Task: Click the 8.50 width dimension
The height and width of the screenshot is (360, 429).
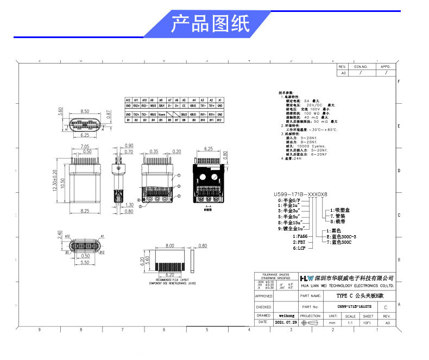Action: (x=85, y=111)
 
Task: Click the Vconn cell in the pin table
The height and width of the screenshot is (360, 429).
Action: (x=161, y=115)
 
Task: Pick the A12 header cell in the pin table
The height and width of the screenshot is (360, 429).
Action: (x=128, y=100)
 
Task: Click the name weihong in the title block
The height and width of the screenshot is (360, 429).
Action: (x=286, y=315)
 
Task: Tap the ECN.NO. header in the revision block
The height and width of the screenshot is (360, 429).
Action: (x=361, y=66)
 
